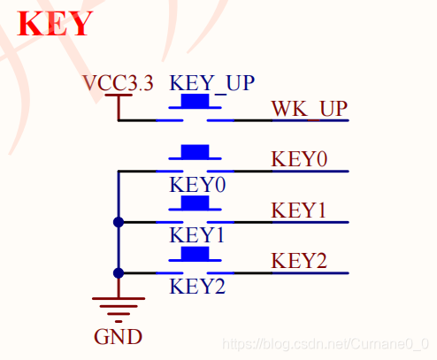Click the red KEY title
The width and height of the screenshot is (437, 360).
point(55,24)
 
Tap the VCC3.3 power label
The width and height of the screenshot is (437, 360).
point(118,82)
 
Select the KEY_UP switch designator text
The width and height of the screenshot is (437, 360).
point(211,83)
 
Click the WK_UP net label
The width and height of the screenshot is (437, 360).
point(310,109)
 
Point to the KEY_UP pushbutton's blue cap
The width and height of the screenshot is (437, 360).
point(195,101)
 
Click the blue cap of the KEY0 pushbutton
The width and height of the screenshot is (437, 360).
point(195,151)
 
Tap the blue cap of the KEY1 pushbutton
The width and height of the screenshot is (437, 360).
point(195,203)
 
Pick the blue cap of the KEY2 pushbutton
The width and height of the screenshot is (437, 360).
point(195,254)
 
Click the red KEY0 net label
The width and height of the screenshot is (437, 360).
point(299,159)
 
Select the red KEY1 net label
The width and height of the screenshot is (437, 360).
point(298,211)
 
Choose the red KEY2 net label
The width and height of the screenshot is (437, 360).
point(299,261)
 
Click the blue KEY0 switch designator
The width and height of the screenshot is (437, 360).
point(197,185)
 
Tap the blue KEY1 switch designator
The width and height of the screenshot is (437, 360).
point(196,235)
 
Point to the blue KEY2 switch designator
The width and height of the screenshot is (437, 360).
point(197,287)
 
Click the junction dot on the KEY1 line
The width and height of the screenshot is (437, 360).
point(119,222)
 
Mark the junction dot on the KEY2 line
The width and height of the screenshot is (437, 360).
point(119,273)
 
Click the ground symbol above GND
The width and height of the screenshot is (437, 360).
point(119,310)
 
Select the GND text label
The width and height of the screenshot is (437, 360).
point(118,337)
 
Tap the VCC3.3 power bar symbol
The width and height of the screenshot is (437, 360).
point(119,95)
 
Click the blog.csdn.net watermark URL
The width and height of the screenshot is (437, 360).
point(326,344)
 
